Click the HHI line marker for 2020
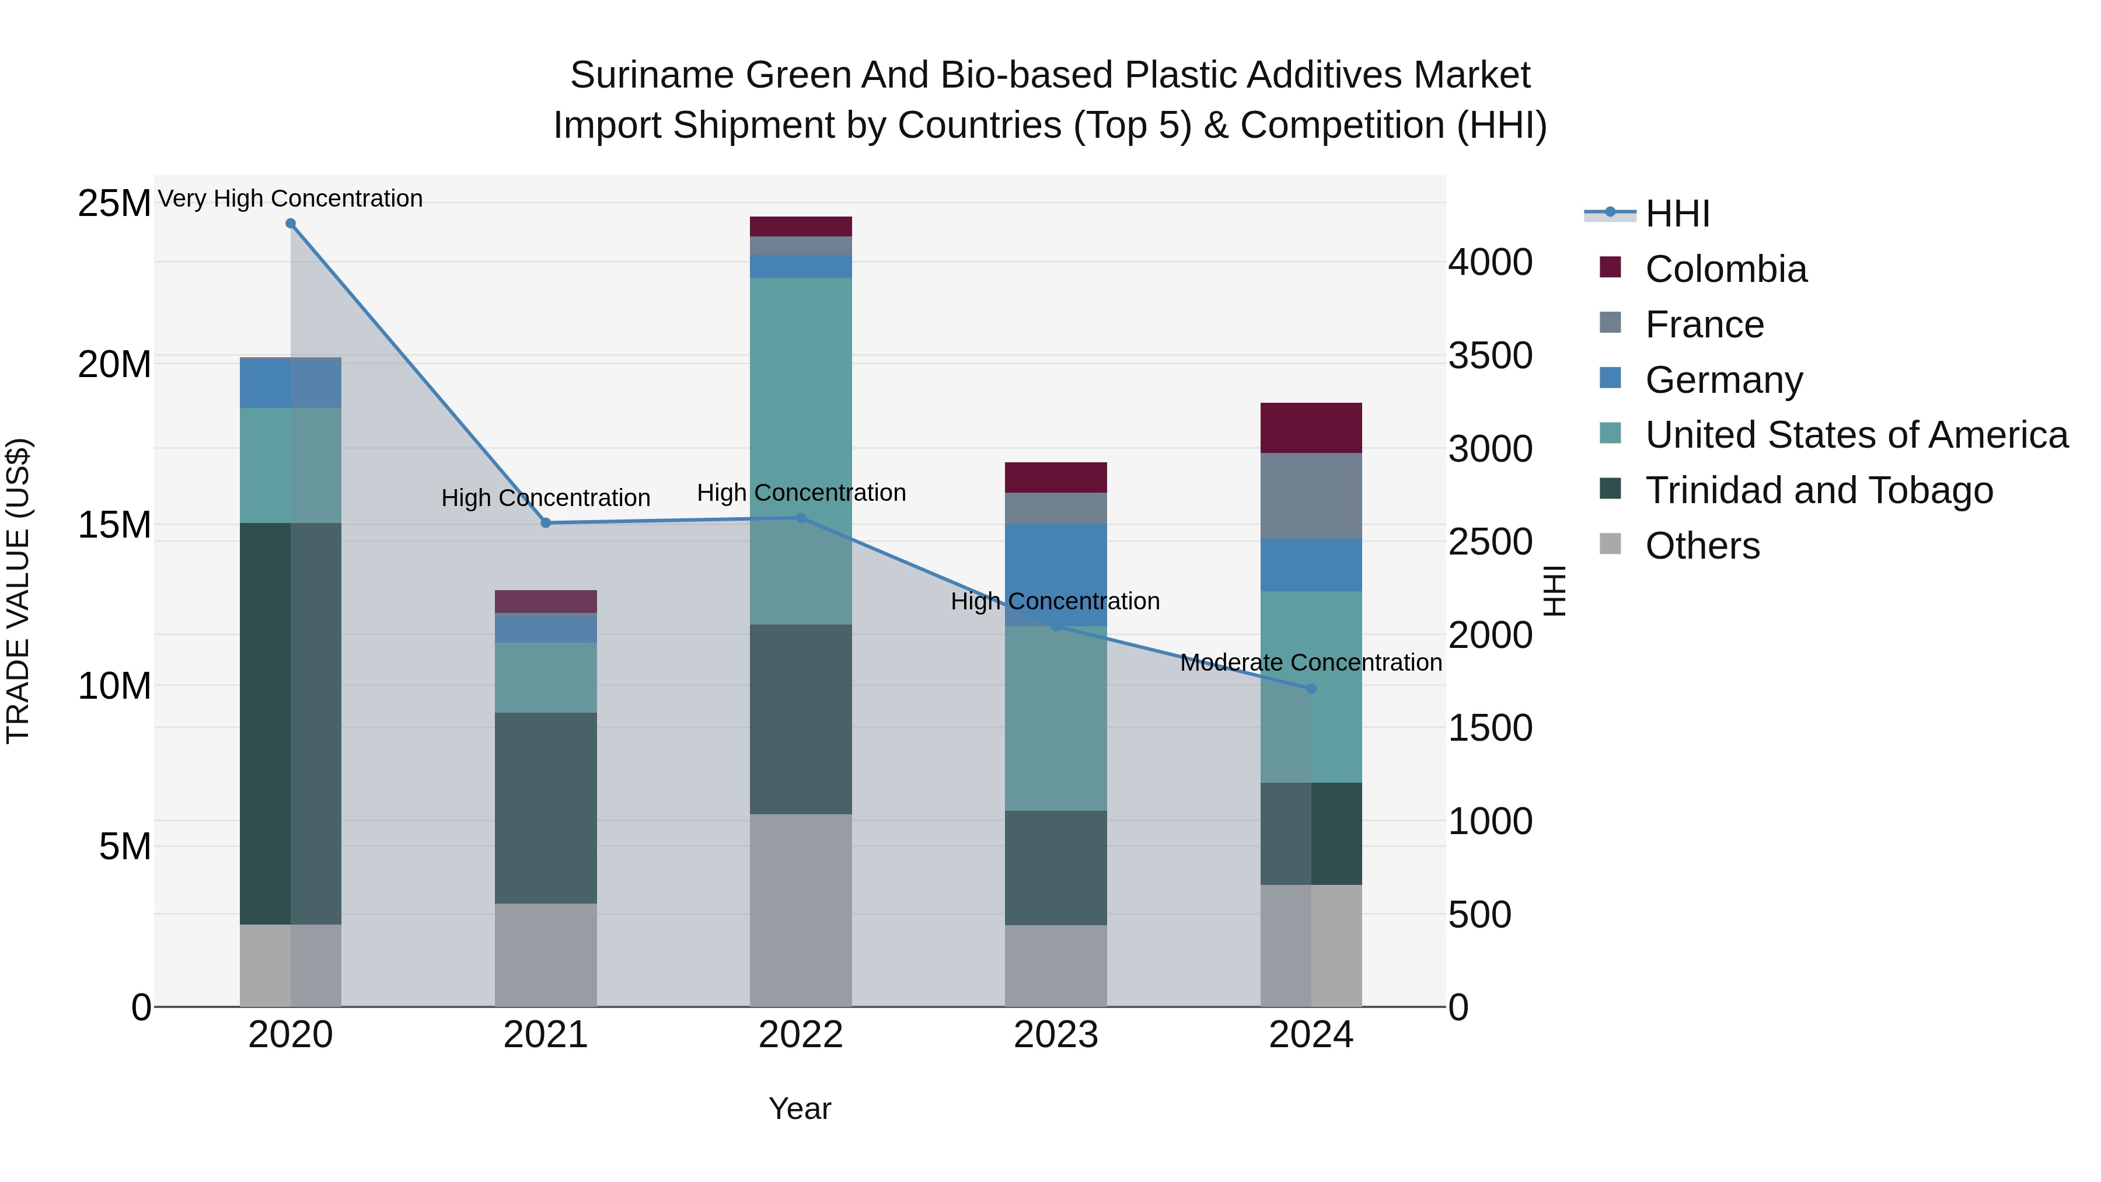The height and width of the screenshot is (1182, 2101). point(291,224)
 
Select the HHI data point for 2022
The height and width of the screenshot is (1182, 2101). point(800,518)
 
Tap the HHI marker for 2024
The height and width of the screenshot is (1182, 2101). point(1311,689)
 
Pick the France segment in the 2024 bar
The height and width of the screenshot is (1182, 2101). point(1311,496)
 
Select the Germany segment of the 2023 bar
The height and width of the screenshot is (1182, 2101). point(1055,575)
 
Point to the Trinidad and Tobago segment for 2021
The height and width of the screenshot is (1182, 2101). point(546,808)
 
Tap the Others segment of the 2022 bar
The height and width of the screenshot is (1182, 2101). point(800,909)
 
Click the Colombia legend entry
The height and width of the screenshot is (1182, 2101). point(1725,269)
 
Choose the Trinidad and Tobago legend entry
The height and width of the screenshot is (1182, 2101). point(1818,490)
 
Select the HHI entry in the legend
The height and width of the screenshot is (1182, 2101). point(1677,214)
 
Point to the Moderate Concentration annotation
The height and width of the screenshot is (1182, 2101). point(1311,663)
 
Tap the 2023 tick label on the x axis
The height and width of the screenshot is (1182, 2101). point(1055,1035)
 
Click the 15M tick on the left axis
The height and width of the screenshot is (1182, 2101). point(114,525)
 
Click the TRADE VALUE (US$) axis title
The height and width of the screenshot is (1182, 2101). point(18,591)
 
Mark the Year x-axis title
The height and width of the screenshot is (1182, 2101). point(800,1108)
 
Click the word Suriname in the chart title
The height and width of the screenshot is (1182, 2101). point(652,75)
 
